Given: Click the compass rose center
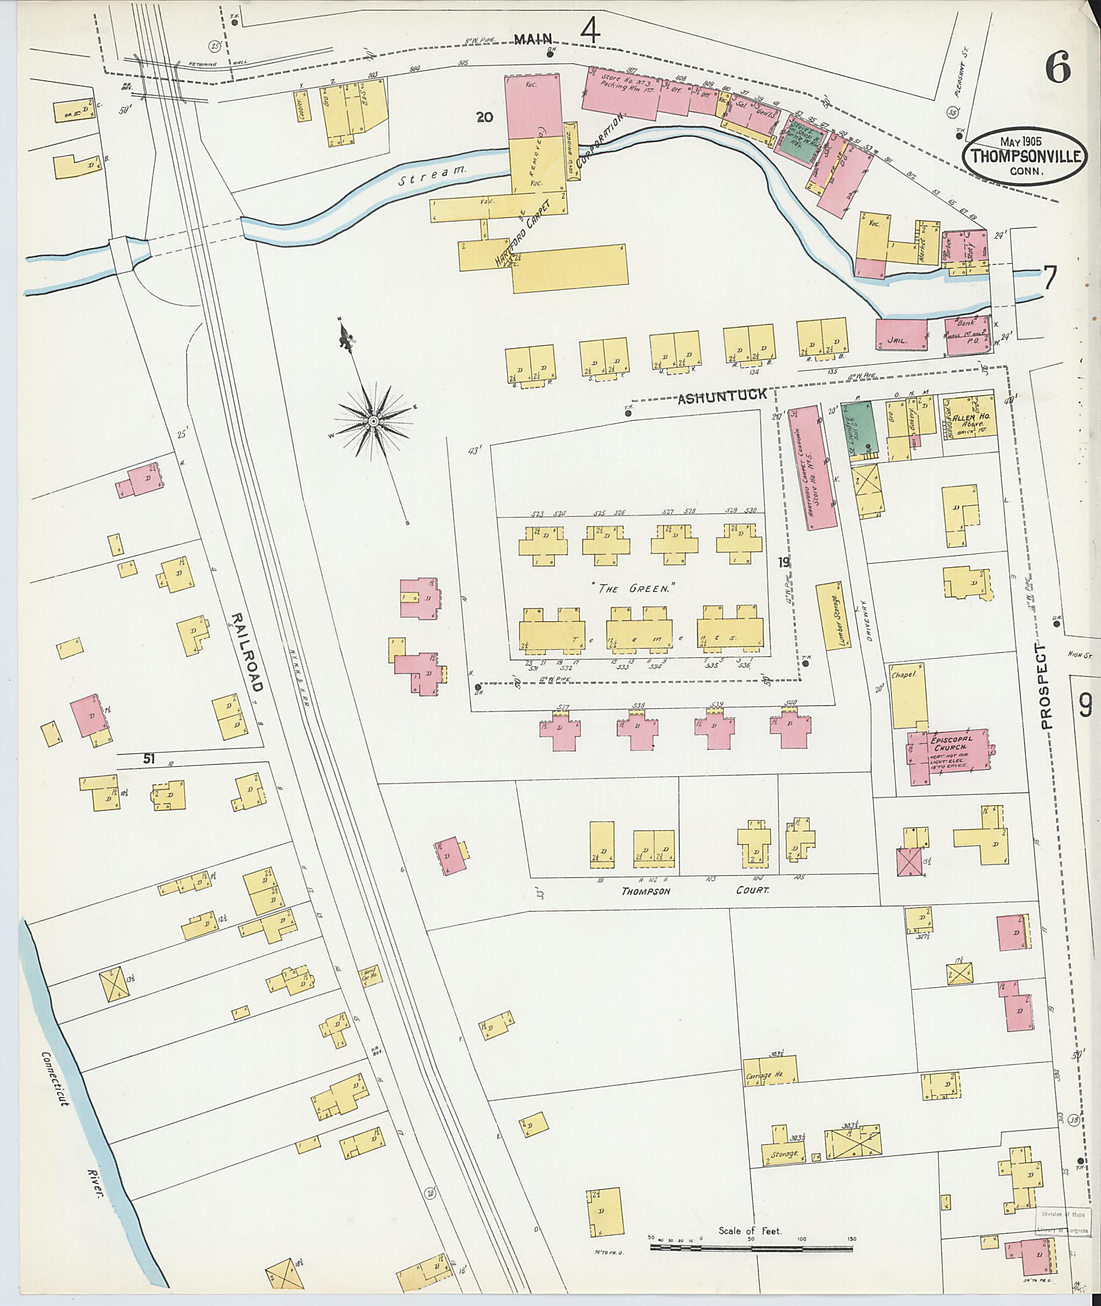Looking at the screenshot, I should click(x=373, y=422).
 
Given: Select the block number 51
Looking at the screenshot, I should click(x=148, y=759).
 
